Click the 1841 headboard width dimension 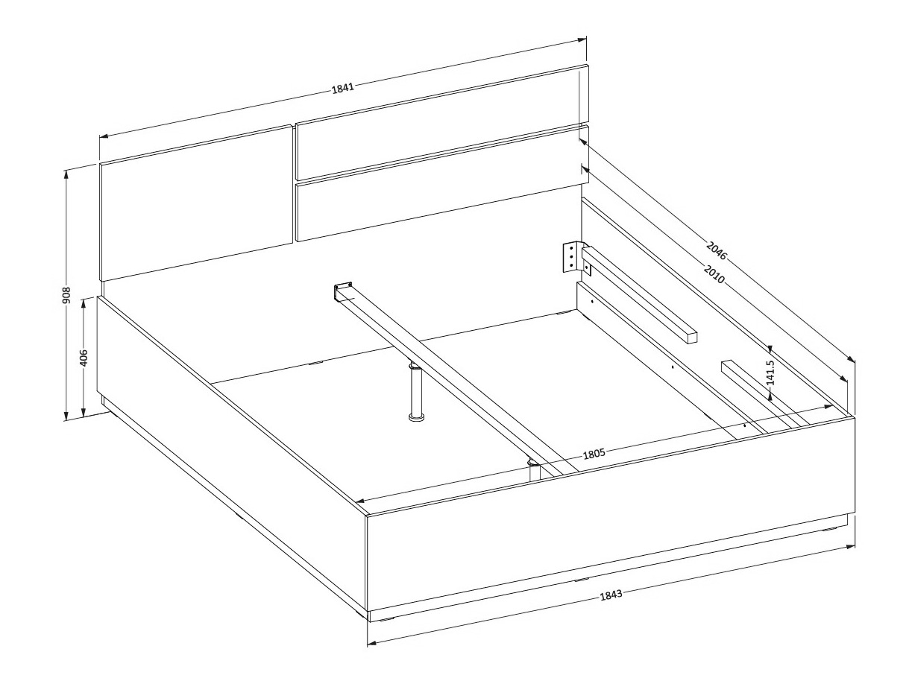tap(343, 88)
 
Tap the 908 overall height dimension tap(66, 295)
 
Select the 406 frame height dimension tap(84, 358)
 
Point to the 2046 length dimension tap(716, 251)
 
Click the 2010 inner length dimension tap(714, 274)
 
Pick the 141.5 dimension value tap(770, 373)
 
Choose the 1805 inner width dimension tap(594, 454)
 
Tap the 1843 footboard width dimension tap(611, 595)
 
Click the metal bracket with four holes tap(573, 257)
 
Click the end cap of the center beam tap(343, 291)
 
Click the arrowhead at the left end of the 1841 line tap(104, 136)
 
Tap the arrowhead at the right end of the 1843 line tap(851, 548)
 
